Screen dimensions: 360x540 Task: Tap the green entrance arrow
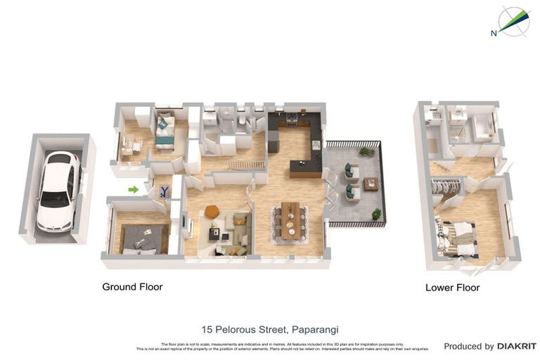pos(134,189)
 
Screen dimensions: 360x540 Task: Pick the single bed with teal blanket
pos(165,131)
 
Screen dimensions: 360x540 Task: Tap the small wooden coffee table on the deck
pos(371,184)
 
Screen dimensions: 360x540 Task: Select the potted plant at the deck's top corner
pos(366,151)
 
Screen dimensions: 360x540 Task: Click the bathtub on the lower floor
pos(482,127)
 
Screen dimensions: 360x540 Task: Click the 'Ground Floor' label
pos(132,287)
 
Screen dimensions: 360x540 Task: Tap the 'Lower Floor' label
pos(452,288)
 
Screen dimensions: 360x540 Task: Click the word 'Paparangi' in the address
pos(316,329)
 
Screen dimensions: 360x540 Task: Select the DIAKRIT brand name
pos(517,346)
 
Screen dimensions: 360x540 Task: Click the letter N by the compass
pos(494,33)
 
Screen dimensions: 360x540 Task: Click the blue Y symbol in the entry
pos(165,191)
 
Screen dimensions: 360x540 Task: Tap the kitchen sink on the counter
pos(316,145)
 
